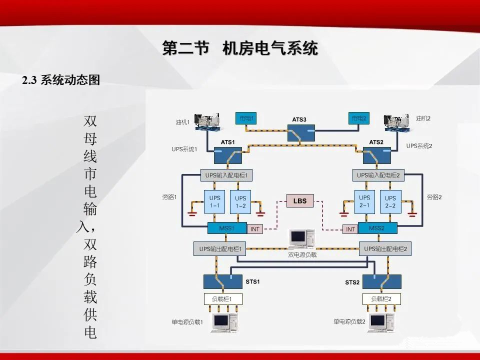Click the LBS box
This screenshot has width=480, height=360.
coord(300,201)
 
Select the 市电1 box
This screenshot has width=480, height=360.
coord(246,118)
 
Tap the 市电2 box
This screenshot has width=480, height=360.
coord(359,118)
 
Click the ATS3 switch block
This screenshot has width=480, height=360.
coord(301,132)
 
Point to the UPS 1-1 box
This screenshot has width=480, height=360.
coord(214,201)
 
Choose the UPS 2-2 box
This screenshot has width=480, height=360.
coord(390,201)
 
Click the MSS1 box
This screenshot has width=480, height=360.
coord(227,228)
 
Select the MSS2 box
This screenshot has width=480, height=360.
coord(377,228)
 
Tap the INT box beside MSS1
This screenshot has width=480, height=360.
coord(254,229)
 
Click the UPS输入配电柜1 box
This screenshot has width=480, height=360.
coord(226,175)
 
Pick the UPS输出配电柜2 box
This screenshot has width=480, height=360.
coord(385,249)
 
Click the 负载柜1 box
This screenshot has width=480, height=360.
coord(223,299)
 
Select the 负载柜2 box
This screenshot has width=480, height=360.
coord(381,299)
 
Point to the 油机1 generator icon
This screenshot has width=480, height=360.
coord(208,121)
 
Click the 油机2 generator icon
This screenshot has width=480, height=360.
coord(396,122)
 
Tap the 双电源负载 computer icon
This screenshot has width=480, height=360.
coord(302,238)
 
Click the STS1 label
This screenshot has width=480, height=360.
coord(252,281)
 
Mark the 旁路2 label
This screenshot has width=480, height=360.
coord(434,197)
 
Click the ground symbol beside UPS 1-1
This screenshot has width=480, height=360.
coord(192,213)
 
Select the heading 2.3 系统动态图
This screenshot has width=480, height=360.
coord(61,80)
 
